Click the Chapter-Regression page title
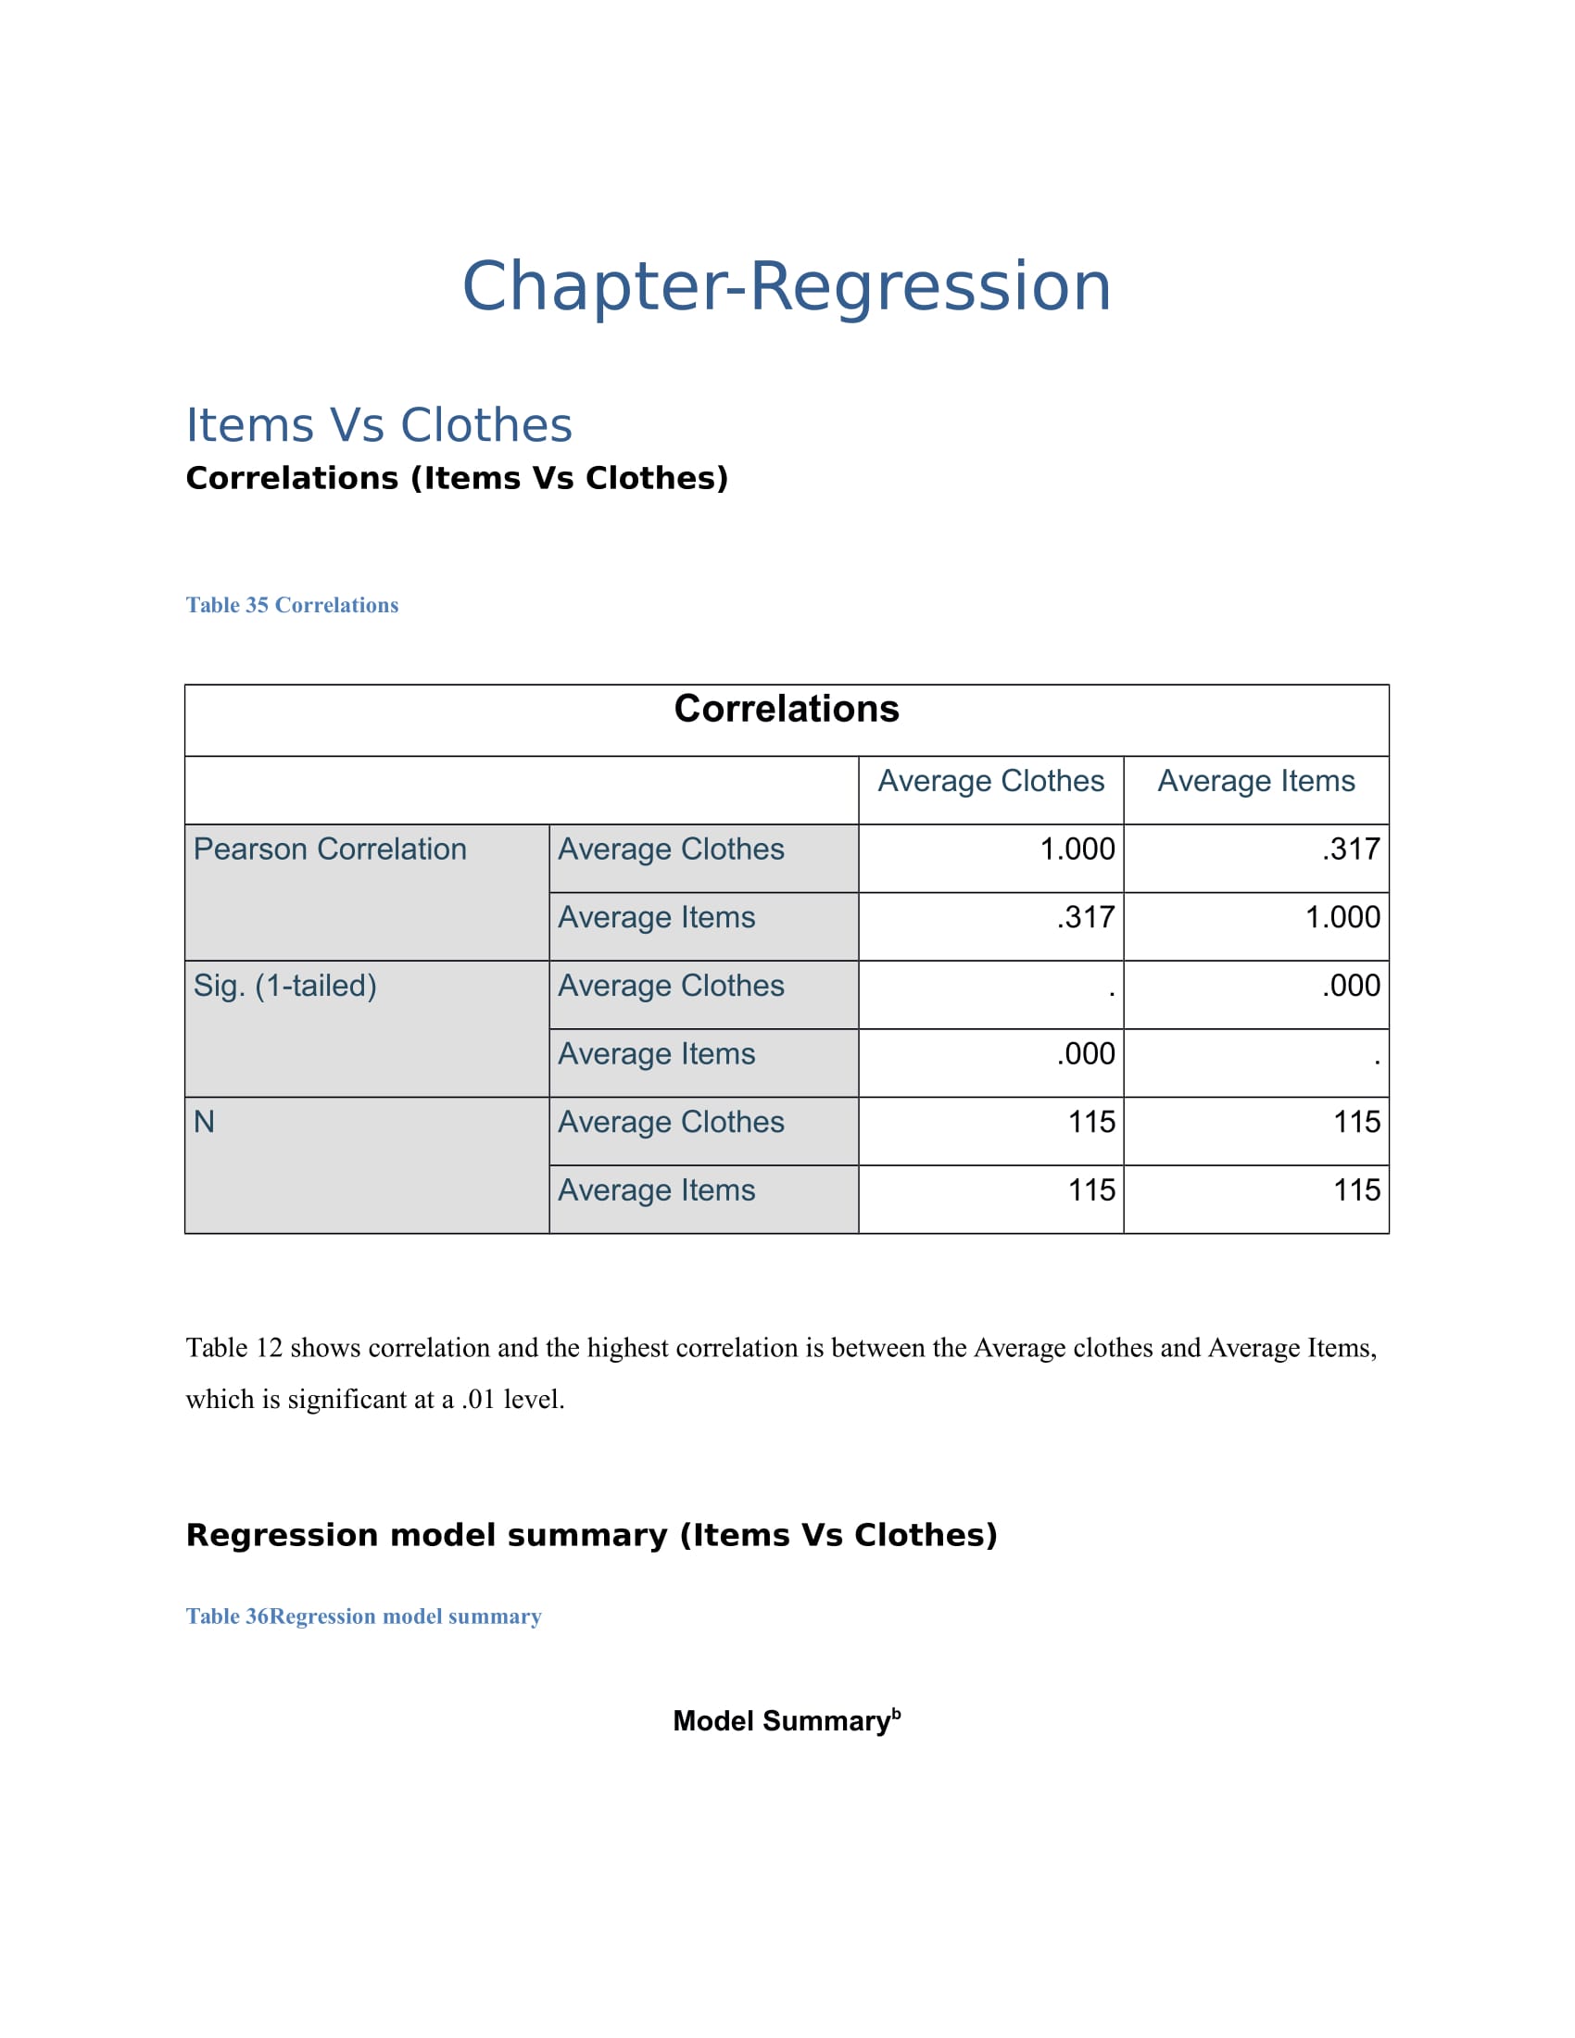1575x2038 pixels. [x=787, y=285]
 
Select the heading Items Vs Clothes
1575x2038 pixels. [x=379, y=425]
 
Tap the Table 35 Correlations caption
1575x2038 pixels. [x=292, y=605]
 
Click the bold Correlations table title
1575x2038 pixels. [x=787, y=710]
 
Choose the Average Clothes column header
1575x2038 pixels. [x=991, y=781]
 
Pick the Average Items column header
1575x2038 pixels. [x=1256, y=781]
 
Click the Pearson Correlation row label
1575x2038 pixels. [x=331, y=849]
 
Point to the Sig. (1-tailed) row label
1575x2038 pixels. [x=285, y=986]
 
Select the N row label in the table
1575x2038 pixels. [x=205, y=1122]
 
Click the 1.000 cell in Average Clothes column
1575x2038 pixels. [x=1077, y=849]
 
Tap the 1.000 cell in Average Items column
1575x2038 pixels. [x=1342, y=917]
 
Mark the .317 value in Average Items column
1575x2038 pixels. [x=1351, y=849]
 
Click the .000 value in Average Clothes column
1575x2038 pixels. [x=1086, y=1053]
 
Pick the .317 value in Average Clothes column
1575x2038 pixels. [x=1086, y=917]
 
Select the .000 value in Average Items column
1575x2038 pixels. [x=1351, y=986]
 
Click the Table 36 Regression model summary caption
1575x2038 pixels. [x=364, y=1617]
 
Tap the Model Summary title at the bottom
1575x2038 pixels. [x=787, y=1721]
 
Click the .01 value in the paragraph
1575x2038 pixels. [x=478, y=1399]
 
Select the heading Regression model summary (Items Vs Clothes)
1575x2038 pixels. [x=592, y=1535]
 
